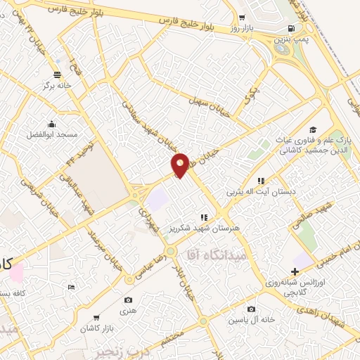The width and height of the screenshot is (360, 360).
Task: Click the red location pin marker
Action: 181,164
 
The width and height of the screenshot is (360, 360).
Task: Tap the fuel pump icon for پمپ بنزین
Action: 290,28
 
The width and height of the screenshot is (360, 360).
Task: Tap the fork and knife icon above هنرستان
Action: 205,217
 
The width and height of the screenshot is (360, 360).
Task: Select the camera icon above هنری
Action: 129,280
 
